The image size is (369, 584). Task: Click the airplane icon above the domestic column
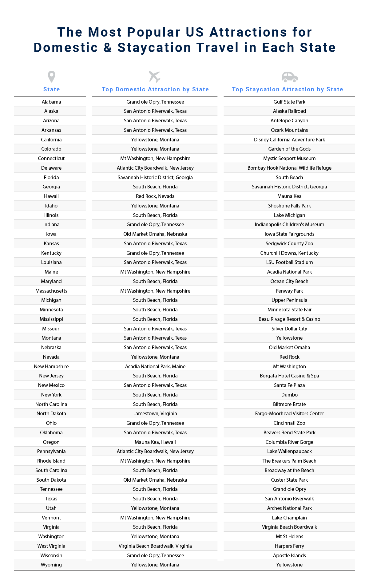point(155,77)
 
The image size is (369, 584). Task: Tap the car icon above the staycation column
point(290,77)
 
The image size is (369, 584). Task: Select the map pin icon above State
point(51,77)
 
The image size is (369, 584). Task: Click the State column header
point(51,89)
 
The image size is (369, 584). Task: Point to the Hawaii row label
point(51,196)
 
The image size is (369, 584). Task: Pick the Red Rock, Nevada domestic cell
point(155,196)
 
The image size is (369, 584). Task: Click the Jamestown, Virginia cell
point(155,413)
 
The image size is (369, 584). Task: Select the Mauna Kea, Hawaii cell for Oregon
point(155,442)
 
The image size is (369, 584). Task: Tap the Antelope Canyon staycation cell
point(289,120)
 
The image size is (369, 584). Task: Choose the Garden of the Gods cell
point(289,149)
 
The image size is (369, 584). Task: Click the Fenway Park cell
point(289,291)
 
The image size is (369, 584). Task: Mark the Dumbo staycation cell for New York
point(289,395)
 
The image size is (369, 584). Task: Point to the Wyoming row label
point(51,565)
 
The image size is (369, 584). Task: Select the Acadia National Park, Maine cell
point(155,366)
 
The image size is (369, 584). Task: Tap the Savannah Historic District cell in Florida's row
point(155,177)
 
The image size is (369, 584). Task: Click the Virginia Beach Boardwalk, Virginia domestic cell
point(155,546)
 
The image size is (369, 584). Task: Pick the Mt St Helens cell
point(289,536)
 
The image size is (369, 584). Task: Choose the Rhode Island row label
point(51,461)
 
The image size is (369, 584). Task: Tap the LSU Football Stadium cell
point(289,262)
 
